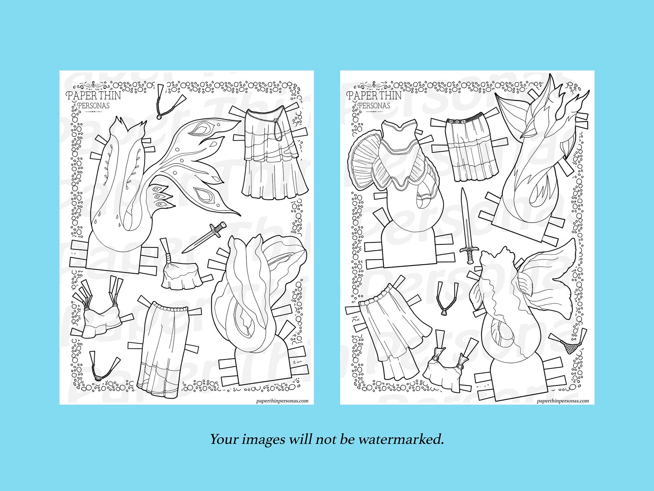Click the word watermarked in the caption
(x=401, y=439)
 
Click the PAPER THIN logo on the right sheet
(x=374, y=96)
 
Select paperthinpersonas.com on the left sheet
(x=282, y=400)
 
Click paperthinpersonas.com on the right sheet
(x=563, y=400)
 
